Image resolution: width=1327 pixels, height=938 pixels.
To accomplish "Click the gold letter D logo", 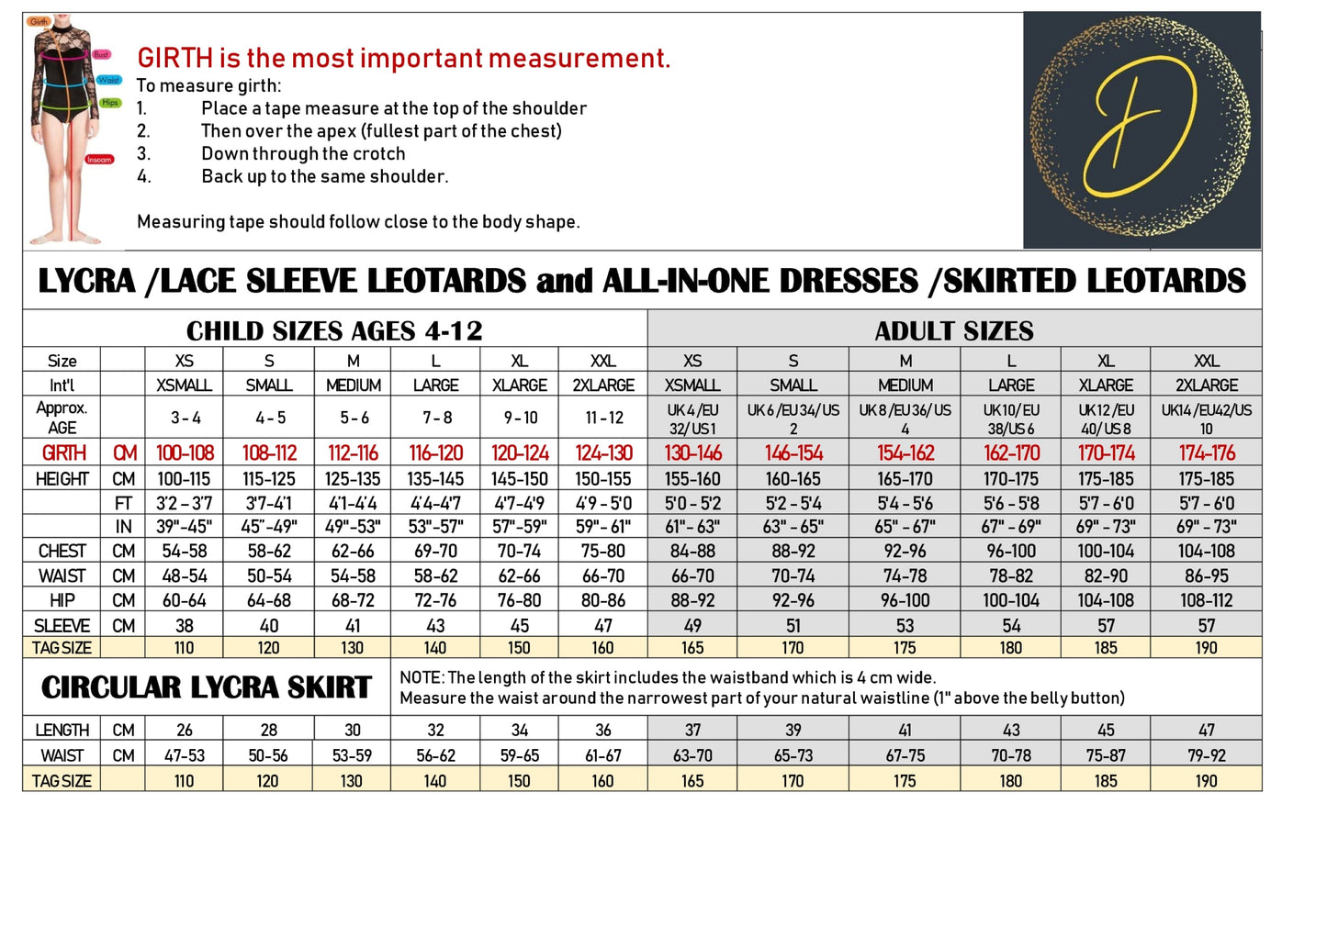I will click(x=1141, y=130).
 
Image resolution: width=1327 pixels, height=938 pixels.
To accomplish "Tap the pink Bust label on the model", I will click(x=101, y=55).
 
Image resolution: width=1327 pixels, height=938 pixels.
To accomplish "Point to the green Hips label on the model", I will click(x=110, y=103).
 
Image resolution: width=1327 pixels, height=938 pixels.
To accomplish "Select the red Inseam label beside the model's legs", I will click(x=99, y=160).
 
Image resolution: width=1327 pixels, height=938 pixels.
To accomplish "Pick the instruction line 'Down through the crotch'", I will click(x=303, y=153).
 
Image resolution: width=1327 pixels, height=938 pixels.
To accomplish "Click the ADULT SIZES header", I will click(x=953, y=330).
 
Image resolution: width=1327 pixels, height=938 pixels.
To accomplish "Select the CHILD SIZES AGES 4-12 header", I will click(x=334, y=330).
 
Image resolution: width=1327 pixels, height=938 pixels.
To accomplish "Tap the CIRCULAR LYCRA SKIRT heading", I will click(x=207, y=687).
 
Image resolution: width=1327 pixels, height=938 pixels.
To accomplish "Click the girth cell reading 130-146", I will click(x=692, y=453).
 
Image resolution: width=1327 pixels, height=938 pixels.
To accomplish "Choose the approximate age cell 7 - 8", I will click(x=436, y=418).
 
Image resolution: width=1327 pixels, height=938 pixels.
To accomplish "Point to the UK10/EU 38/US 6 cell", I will click(x=1010, y=419).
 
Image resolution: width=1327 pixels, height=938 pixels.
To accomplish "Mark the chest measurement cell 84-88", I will click(x=692, y=552).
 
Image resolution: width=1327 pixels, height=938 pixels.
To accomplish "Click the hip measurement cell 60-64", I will click(x=185, y=600).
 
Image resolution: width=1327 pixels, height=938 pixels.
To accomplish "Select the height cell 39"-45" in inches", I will click(x=185, y=527).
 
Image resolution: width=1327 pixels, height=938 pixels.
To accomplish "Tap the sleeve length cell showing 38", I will click(x=185, y=626).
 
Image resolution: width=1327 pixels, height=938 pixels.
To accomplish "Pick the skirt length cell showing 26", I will click(x=185, y=731).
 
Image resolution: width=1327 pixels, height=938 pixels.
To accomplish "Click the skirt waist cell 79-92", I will click(x=1206, y=756).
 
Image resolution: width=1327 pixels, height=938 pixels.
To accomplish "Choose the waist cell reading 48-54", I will click(x=185, y=576).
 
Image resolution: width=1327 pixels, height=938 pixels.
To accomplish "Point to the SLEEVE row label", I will click(x=62, y=626).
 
